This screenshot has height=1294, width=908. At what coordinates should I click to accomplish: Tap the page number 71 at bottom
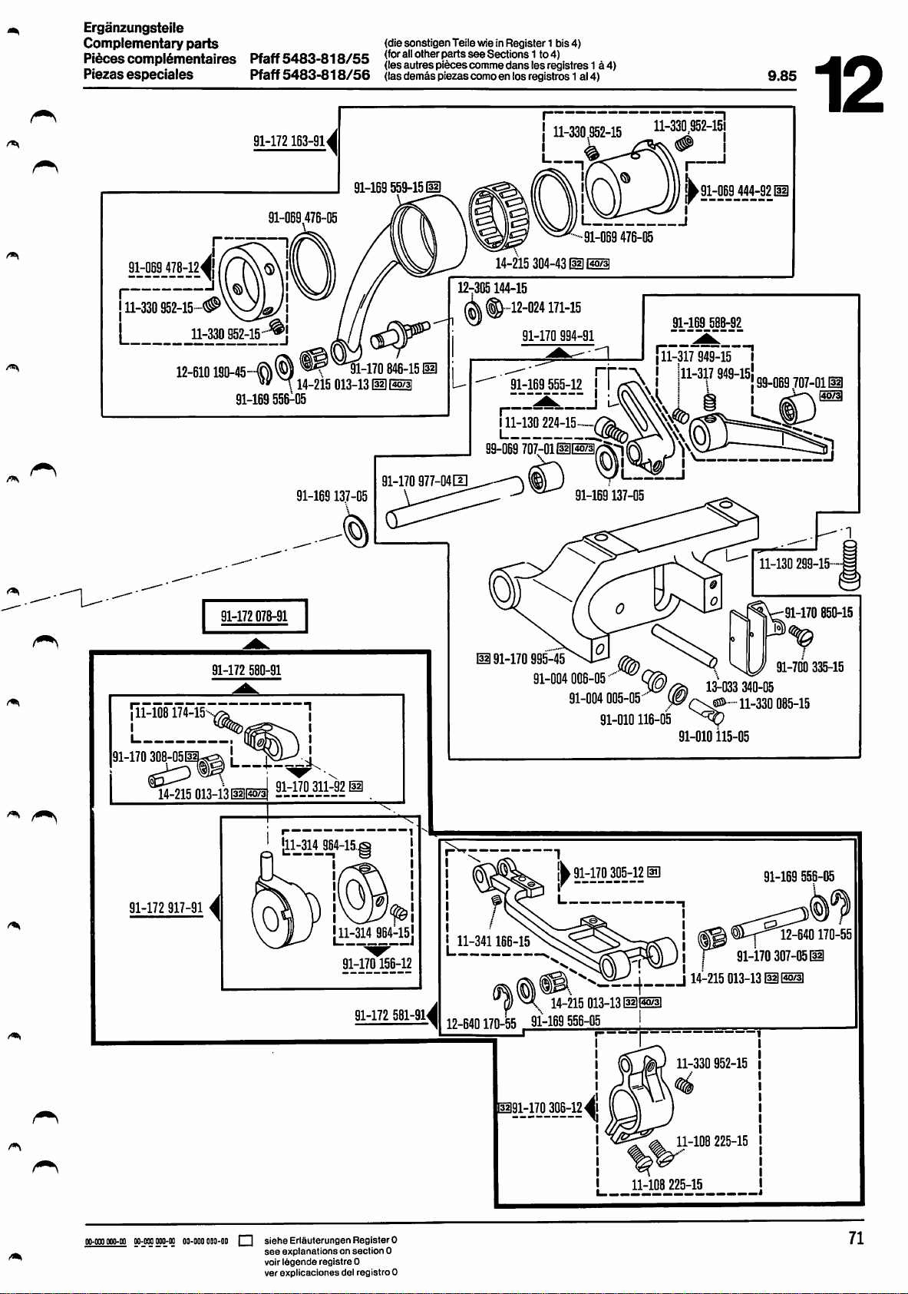tap(856, 1238)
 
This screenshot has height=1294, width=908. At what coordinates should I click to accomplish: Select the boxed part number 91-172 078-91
tap(254, 616)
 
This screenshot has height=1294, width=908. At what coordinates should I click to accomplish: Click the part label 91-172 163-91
tap(289, 141)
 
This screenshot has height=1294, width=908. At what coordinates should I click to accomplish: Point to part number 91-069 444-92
tap(736, 190)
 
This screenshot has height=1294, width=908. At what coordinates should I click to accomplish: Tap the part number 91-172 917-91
tap(166, 908)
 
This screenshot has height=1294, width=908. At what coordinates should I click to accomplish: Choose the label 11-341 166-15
tap(493, 941)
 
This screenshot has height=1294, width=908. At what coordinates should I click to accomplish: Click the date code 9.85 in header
tap(782, 75)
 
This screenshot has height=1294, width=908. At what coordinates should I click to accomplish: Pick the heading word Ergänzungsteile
tap(133, 28)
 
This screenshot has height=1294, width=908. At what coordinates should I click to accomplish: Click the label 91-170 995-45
tap(528, 658)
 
